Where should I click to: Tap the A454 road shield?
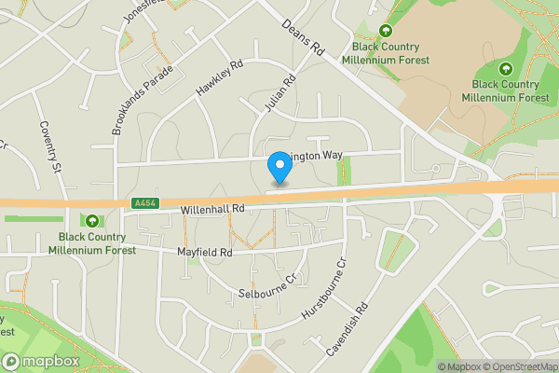(x=144, y=203)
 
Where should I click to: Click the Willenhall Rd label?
(x=212, y=211)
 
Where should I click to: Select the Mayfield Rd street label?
(x=204, y=253)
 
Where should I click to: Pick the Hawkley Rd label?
(x=219, y=78)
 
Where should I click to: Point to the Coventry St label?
(x=49, y=147)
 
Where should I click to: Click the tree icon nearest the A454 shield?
(x=92, y=221)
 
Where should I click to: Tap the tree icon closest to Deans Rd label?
(x=385, y=31)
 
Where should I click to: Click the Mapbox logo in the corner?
(x=38, y=361)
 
